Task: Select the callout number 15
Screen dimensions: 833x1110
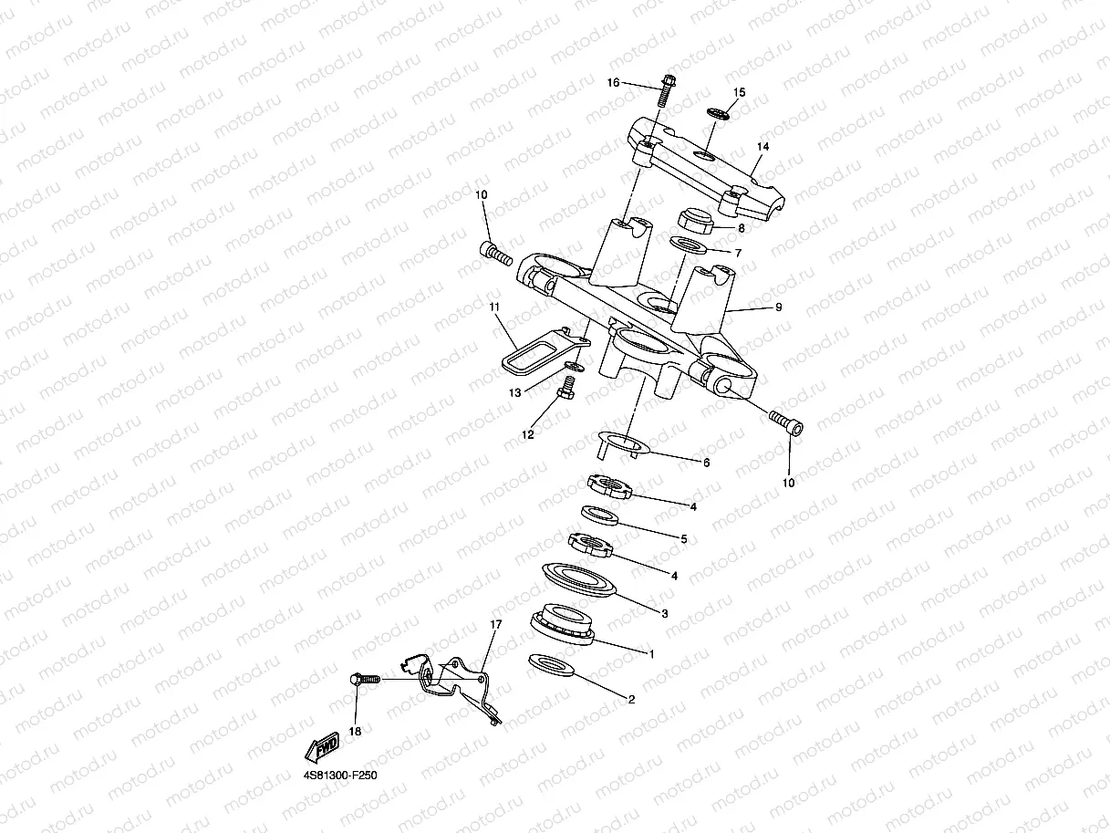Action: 739,92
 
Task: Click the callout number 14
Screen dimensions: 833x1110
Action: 763,146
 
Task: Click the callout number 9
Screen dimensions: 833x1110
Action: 778,307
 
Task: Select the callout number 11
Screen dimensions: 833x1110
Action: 494,307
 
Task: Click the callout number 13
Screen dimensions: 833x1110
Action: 514,393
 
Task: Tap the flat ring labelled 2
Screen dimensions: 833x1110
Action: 551,666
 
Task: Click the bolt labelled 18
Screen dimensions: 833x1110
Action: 363,680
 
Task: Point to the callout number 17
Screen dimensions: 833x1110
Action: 496,624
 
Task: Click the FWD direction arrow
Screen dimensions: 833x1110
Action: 322,745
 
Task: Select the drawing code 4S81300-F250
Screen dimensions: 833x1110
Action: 340,776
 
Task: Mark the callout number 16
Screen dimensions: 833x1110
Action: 613,83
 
